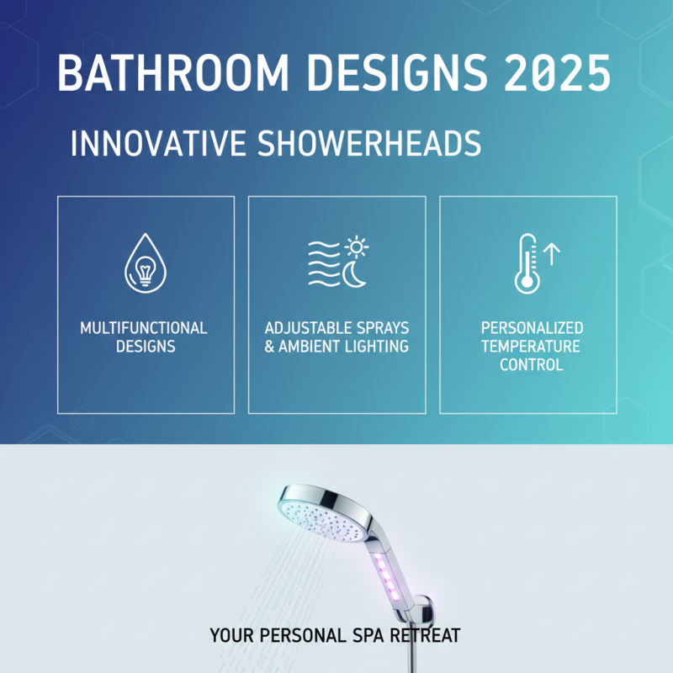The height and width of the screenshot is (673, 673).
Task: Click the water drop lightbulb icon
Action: pyautogui.click(x=144, y=262)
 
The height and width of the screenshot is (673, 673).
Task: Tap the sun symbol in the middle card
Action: pyautogui.click(x=358, y=246)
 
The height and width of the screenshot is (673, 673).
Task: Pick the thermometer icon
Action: pyautogui.click(x=527, y=263)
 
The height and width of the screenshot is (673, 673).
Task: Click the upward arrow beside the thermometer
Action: pyautogui.click(x=553, y=252)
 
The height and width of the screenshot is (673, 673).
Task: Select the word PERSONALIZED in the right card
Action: pyautogui.click(x=532, y=327)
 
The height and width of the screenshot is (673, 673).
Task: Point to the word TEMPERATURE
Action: pyautogui.click(x=532, y=346)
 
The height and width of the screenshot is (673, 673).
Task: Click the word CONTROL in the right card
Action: pyautogui.click(x=532, y=364)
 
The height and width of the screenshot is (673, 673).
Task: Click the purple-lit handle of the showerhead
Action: pyautogui.click(x=389, y=572)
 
